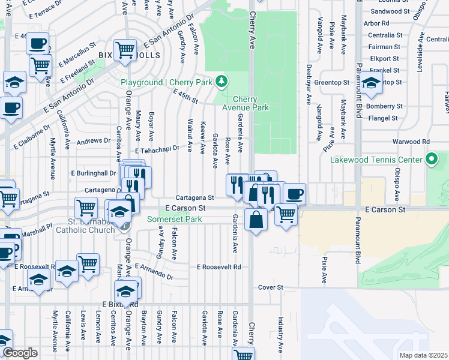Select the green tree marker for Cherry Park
point(221,81)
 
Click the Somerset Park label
point(175,220)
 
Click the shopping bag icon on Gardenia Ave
point(256,219)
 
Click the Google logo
point(20,353)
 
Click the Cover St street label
point(270,288)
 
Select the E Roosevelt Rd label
point(219,266)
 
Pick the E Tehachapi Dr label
point(157,151)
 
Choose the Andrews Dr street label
point(94,141)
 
